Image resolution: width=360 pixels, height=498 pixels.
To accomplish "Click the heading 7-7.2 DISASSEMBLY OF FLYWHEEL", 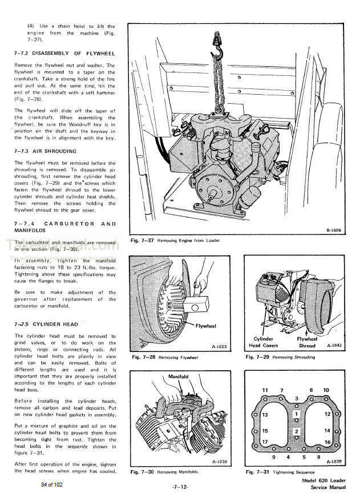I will pyautogui.click(x=64, y=53).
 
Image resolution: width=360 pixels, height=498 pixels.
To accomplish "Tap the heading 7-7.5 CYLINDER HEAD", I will pyautogui.click(x=46, y=324).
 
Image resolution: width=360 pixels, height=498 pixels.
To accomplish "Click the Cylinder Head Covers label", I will pyautogui.click(x=264, y=342).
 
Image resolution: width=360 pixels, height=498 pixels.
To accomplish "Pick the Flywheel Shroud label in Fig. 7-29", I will pyautogui.click(x=308, y=342).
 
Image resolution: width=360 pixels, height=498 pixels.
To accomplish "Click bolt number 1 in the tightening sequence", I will pyautogui.click(x=296, y=413).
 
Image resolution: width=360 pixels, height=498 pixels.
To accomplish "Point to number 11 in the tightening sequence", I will pyautogui.click(x=265, y=390).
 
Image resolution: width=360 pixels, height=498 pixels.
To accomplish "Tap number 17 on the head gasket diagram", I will pyautogui.click(x=265, y=442).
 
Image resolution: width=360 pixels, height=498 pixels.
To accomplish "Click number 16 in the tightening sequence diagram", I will pyautogui.click(x=327, y=442).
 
